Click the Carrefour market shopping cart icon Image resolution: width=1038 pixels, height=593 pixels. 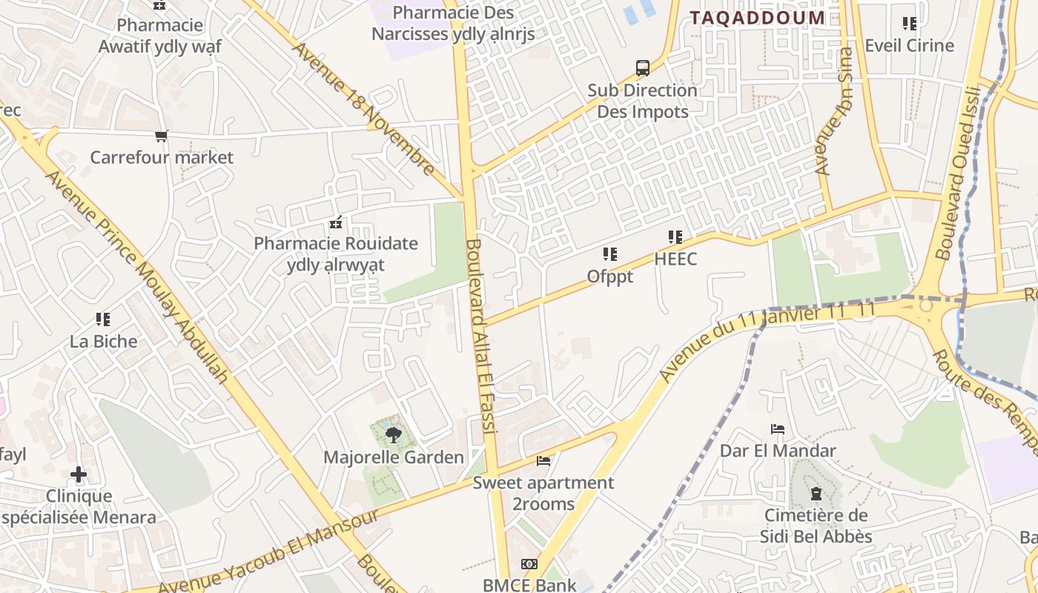(x=162, y=136)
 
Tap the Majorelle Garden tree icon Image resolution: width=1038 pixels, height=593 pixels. (x=394, y=435)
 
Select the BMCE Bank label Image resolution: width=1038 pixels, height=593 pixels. (x=529, y=585)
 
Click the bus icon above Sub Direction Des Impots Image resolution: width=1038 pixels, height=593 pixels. (x=643, y=68)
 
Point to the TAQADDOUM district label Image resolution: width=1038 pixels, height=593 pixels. (x=757, y=18)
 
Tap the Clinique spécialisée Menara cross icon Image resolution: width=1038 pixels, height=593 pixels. (x=79, y=474)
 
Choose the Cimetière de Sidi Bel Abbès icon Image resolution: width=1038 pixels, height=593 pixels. (x=816, y=494)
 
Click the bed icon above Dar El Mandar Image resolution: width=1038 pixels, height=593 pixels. (x=778, y=429)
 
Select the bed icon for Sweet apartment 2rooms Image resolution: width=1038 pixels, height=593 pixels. (x=543, y=461)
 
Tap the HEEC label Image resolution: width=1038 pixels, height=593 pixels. (x=675, y=259)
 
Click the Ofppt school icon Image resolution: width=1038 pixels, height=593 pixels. (x=610, y=255)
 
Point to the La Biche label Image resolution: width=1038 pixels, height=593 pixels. (x=104, y=341)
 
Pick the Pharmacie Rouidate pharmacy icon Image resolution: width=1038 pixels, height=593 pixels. (x=336, y=222)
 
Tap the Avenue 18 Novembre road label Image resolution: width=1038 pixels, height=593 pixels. (x=364, y=109)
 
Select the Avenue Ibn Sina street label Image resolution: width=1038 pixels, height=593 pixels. (x=835, y=111)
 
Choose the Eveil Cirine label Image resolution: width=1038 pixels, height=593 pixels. (x=909, y=45)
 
